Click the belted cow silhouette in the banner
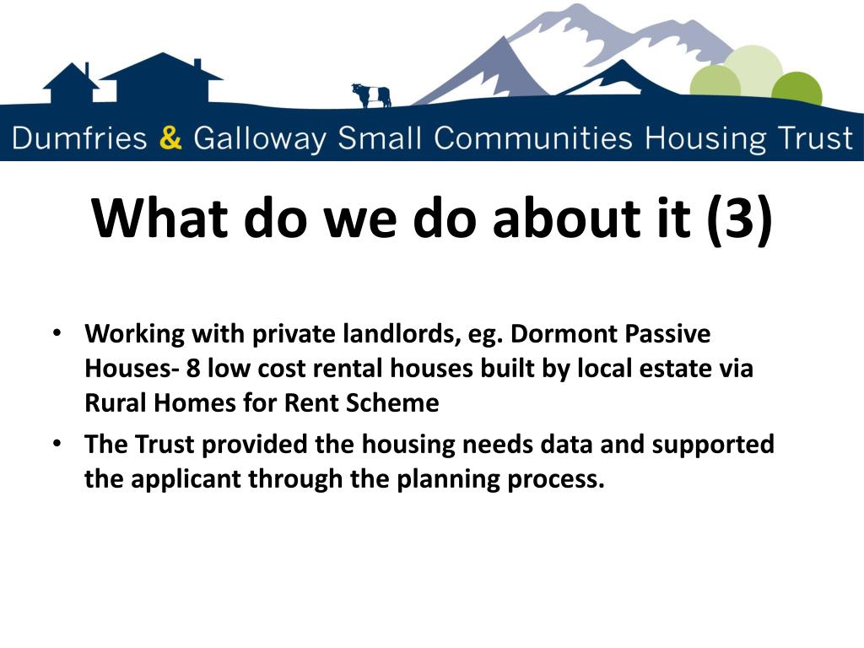pyautogui.click(x=371, y=94)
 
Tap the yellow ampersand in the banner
pyautogui.click(x=170, y=138)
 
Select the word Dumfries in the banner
pyautogui.click(x=80, y=138)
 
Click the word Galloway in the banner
pyautogui.click(x=258, y=138)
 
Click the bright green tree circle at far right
pyautogui.click(x=796, y=89)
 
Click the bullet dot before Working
pyautogui.click(x=57, y=332)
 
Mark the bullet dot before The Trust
pyautogui.click(x=57, y=443)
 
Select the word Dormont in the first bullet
pyautogui.click(x=563, y=334)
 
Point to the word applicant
pyautogui.click(x=176, y=480)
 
